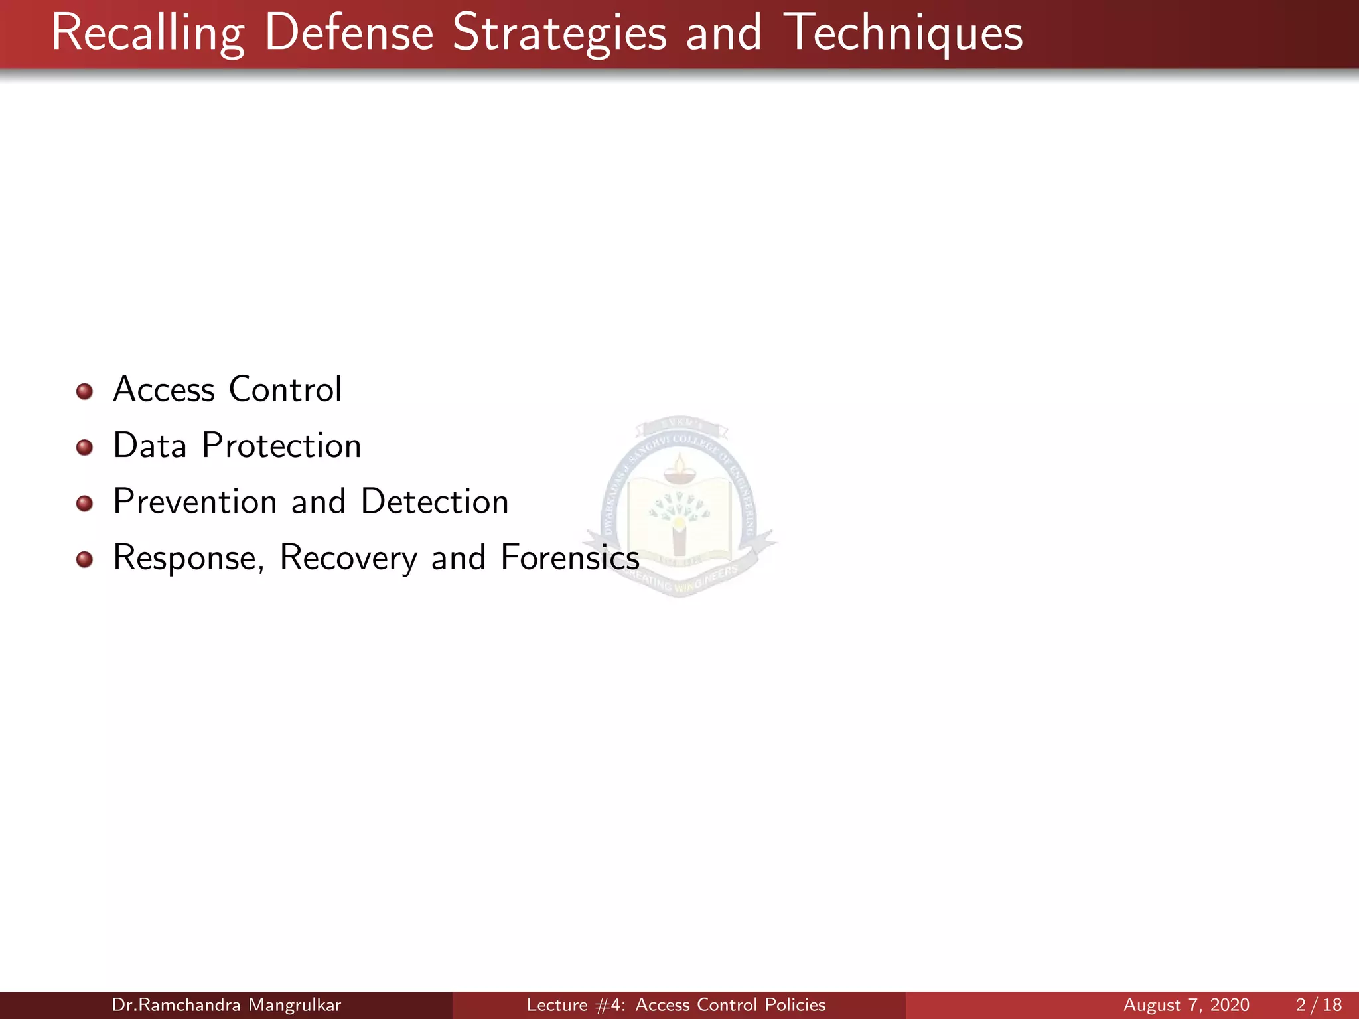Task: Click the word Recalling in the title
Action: coord(147,33)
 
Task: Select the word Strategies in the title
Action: coord(559,33)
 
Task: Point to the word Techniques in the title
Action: coord(903,33)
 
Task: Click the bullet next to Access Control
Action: coord(84,391)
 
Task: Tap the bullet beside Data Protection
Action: coord(84,448)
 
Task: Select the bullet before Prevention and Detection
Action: coord(84,504)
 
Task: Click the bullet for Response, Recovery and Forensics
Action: coord(84,560)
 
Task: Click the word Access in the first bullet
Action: coord(164,389)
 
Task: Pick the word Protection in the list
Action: coord(281,446)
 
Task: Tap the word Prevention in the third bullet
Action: coord(194,502)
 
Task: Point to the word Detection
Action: coord(435,502)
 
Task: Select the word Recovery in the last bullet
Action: coord(348,559)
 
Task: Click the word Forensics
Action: coord(569,557)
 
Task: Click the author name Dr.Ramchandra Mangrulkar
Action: coord(226,1005)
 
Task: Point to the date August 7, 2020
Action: coord(1186,1005)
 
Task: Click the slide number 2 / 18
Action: coord(1319,1005)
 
